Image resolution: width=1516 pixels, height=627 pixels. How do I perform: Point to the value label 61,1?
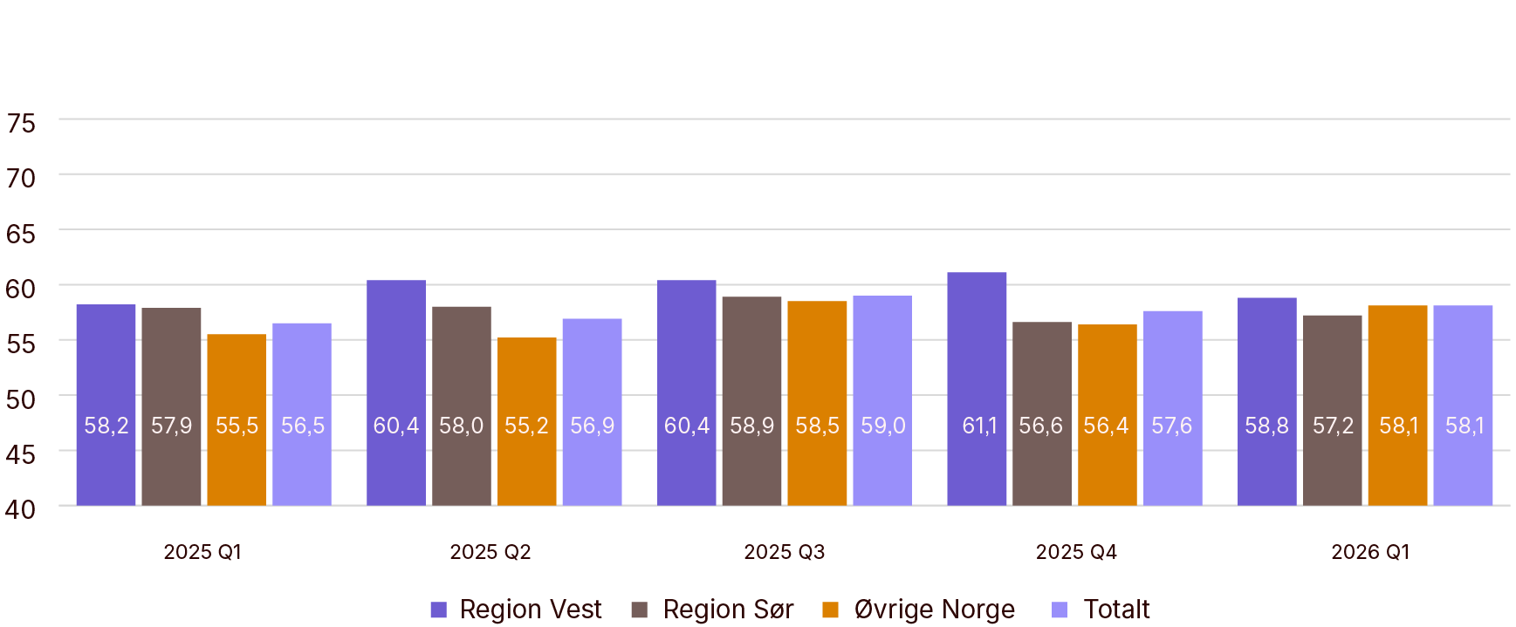[979, 426]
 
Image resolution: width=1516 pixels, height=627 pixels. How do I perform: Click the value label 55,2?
[526, 426]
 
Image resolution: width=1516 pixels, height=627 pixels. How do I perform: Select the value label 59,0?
[882, 426]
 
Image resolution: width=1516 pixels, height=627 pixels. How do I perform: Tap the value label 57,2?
[1333, 426]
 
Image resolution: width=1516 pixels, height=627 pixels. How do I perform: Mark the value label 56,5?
[302, 426]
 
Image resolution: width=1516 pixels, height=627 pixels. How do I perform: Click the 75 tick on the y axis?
[21, 124]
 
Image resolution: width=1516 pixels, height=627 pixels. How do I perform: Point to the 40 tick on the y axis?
[21, 509]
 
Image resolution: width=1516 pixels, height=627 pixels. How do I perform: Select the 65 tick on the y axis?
[21, 234]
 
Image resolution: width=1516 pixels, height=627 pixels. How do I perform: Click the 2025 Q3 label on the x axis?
[784, 552]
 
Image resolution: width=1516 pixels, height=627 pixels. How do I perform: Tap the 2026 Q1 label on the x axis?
[1369, 552]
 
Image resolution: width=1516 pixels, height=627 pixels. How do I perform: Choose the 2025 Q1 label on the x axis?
[202, 552]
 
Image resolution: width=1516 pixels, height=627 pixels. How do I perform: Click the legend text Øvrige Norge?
[934, 609]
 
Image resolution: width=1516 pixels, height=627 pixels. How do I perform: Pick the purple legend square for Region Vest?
[439, 610]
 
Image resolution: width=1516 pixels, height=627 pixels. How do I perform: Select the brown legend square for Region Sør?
[640, 610]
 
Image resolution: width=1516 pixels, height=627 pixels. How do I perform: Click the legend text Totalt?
[1116, 609]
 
